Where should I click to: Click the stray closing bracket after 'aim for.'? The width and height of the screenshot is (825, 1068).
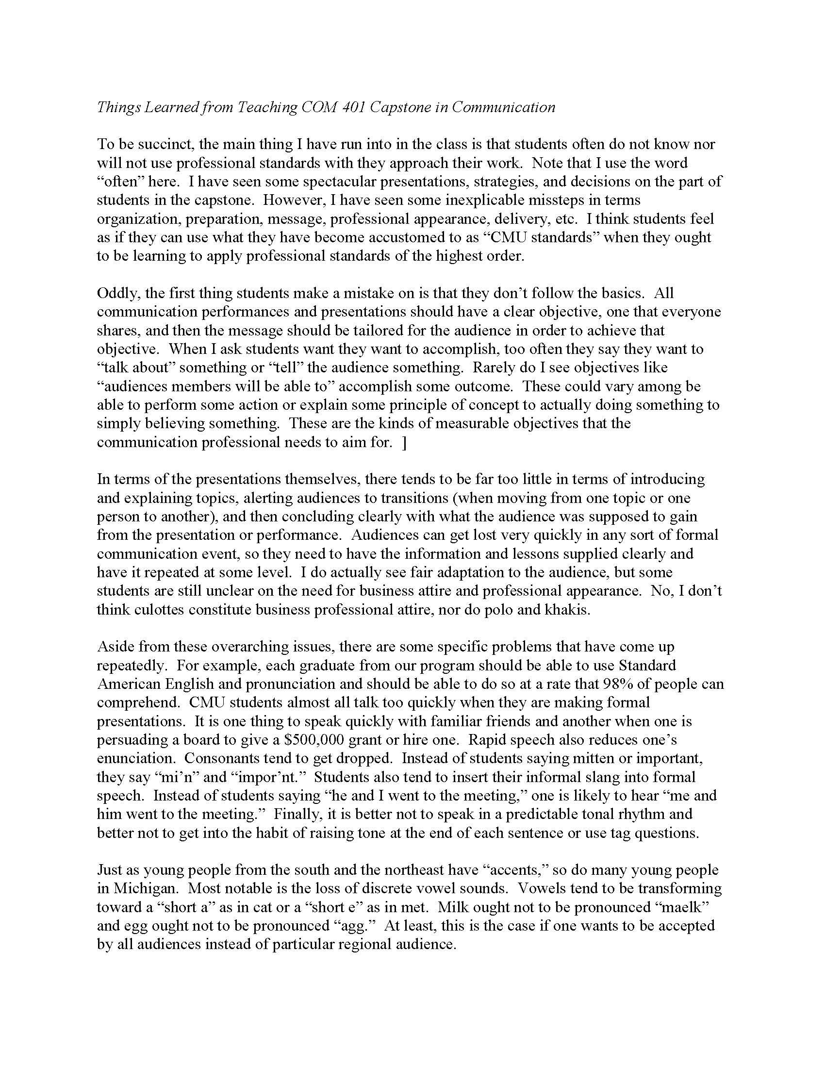click(404, 442)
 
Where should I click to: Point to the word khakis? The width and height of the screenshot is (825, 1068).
click(567, 610)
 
